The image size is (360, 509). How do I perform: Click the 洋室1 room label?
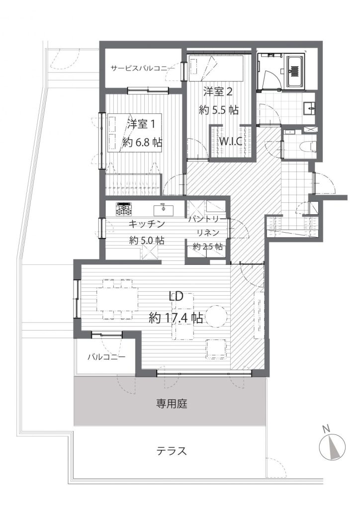(143, 124)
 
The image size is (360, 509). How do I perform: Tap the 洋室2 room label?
(218, 92)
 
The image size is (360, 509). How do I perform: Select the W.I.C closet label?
(230, 142)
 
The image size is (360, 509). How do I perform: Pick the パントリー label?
(208, 220)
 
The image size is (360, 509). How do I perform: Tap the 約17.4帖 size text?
(176, 318)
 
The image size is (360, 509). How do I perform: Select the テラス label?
(172, 451)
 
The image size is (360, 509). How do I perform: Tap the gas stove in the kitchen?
(125, 209)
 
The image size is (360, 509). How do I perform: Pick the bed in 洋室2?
(215, 68)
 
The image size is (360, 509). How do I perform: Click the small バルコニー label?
(106, 357)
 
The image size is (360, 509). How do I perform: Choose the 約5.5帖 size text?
(219, 110)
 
